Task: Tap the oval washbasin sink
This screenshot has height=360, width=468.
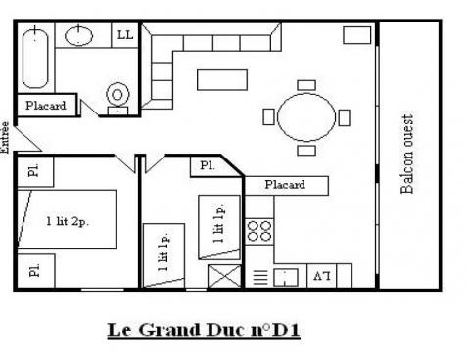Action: coord(78,36)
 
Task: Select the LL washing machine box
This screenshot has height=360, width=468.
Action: coord(124,35)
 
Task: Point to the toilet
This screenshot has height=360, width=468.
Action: coord(117,96)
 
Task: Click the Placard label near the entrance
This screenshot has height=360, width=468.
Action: coord(46,106)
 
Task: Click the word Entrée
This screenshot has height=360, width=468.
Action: coord(7,137)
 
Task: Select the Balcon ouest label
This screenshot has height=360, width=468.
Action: coord(408,155)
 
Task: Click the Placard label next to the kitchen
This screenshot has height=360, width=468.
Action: coord(285,184)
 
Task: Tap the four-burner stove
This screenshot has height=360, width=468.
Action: coord(259,232)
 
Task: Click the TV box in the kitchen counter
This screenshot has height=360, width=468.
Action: coord(320,276)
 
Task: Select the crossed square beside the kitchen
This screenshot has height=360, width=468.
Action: coord(224,275)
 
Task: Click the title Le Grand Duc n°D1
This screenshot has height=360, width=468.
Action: coord(202,330)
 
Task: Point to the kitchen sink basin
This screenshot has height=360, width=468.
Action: coord(288,276)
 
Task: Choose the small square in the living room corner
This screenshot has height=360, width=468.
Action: coord(356,35)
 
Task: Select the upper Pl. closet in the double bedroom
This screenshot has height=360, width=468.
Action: coord(33,172)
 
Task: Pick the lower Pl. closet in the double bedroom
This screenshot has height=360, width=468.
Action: coord(33,270)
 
